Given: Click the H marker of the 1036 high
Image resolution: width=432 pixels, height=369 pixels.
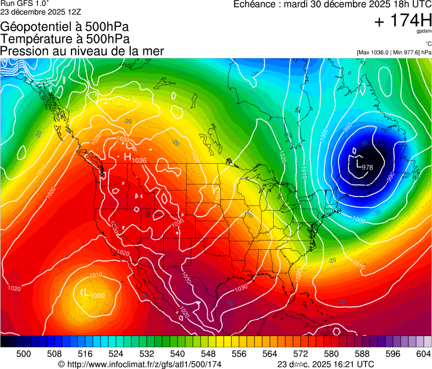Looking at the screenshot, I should click(x=127, y=156).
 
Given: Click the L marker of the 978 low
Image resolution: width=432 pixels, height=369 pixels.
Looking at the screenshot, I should click(x=358, y=163).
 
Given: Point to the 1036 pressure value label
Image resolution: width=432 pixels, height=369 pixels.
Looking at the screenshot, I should click(x=139, y=160).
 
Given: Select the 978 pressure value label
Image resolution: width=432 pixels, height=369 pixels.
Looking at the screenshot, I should click(x=368, y=167).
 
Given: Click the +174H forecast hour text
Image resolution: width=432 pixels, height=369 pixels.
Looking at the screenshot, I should click(x=402, y=21).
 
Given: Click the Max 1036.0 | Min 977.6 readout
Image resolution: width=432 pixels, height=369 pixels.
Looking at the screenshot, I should click(x=394, y=52).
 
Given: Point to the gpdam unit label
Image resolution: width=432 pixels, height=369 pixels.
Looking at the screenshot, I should click(x=424, y=32).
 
